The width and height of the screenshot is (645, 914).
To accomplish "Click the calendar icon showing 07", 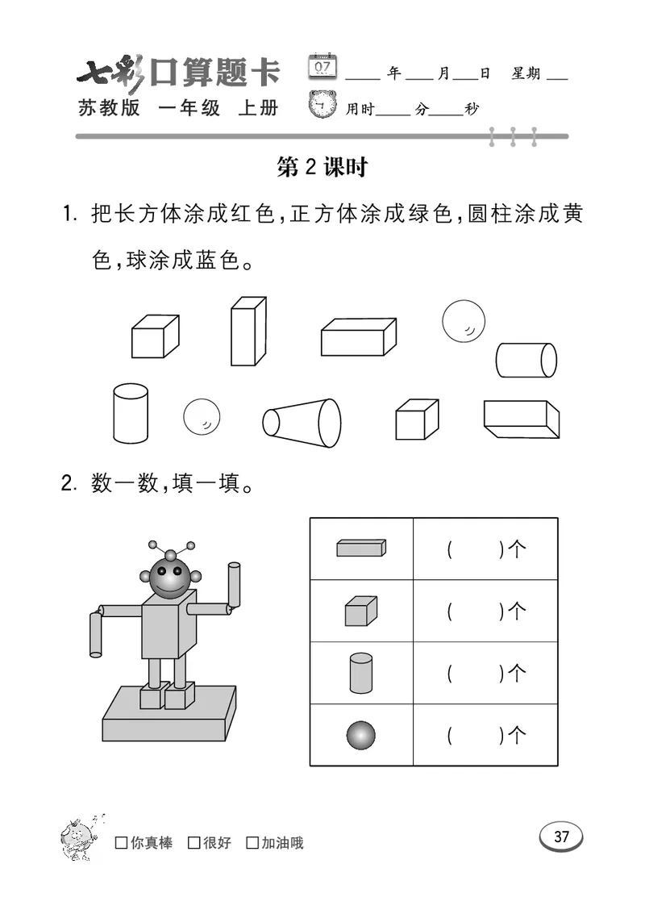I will (x=322, y=66).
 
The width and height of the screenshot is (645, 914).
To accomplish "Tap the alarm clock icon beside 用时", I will (x=322, y=105).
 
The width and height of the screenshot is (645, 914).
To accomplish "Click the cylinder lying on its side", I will (x=525, y=360).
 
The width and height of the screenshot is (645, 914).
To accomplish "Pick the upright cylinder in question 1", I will (x=131, y=411).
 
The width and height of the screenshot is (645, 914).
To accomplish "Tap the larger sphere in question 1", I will (x=463, y=320).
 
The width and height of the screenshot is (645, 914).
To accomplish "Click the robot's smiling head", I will (x=169, y=577).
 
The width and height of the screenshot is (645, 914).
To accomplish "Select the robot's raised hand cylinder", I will (x=235, y=585).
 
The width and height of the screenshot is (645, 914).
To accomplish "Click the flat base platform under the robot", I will (x=169, y=716).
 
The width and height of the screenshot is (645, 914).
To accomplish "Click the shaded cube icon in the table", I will (x=360, y=611).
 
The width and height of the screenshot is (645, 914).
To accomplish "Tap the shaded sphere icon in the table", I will (x=361, y=735).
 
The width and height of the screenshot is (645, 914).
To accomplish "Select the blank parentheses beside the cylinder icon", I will (x=475, y=673).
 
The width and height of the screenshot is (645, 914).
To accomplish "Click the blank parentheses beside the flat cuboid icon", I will (x=475, y=549).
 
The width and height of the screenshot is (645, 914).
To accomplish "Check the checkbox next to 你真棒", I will (x=122, y=843).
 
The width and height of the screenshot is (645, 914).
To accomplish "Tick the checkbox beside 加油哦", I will (x=252, y=843).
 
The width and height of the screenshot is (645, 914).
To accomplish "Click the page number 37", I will (x=561, y=837).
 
